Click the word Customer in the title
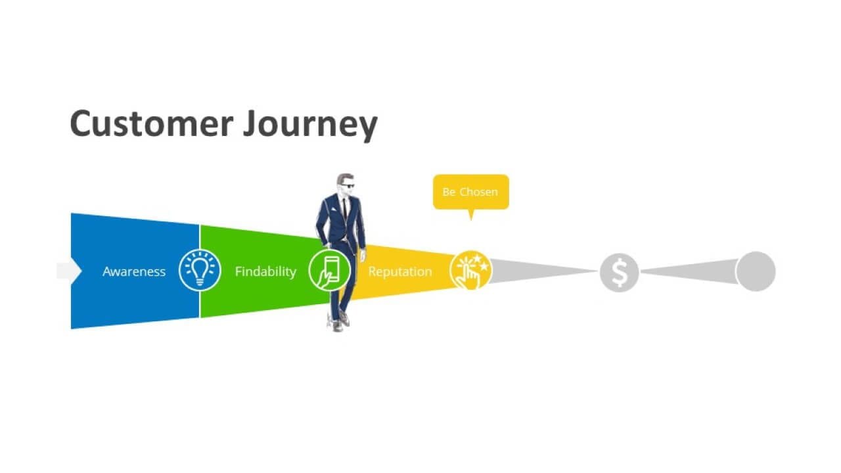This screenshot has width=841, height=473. click(x=151, y=124)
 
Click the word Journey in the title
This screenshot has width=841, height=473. click(x=309, y=125)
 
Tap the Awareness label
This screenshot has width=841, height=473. click(x=134, y=271)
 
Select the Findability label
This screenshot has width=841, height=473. click(x=265, y=271)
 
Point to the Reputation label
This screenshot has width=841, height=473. click(x=400, y=271)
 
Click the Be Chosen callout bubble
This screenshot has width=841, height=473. click(x=471, y=192)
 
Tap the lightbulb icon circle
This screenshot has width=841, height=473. click(x=199, y=270)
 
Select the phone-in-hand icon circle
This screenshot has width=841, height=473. click(x=329, y=270)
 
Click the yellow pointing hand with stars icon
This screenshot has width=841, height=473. click(x=470, y=271)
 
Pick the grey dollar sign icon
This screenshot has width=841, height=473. click(x=619, y=273)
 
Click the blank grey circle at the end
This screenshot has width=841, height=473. click(x=756, y=271)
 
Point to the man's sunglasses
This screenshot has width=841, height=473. click(x=348, y=186)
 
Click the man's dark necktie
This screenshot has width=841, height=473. click(x=344, y=209)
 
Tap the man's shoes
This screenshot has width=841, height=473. click(x=340, y=322)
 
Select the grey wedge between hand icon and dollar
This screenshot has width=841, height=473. click(x=543, y=271)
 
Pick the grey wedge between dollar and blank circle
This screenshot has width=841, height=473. click(x=689, y=271)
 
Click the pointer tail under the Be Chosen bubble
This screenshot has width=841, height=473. click(x=471, y=214)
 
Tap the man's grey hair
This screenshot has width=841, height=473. click(x=343, y=178)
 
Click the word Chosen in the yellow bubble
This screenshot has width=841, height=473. click(x=479, y=192)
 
